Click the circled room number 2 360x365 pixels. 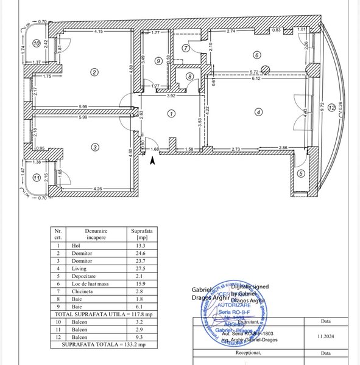pyautogui.click(x=94, y=72)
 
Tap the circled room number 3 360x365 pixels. pyautogui.click(x=94, y=147)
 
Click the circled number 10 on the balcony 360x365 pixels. pyautogui.click(x=37, y=43)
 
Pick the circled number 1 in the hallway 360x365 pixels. pyautogui.click(x=172, y=113)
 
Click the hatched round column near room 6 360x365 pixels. pyautogui.click(x=265, y=69)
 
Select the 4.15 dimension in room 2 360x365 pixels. pyautogui.click(x=97, y=32)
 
